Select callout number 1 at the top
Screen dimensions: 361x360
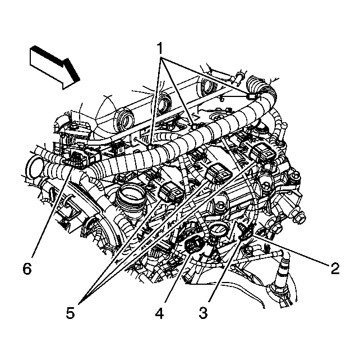click(161, 49)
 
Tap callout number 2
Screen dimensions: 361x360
click(335, 268)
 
